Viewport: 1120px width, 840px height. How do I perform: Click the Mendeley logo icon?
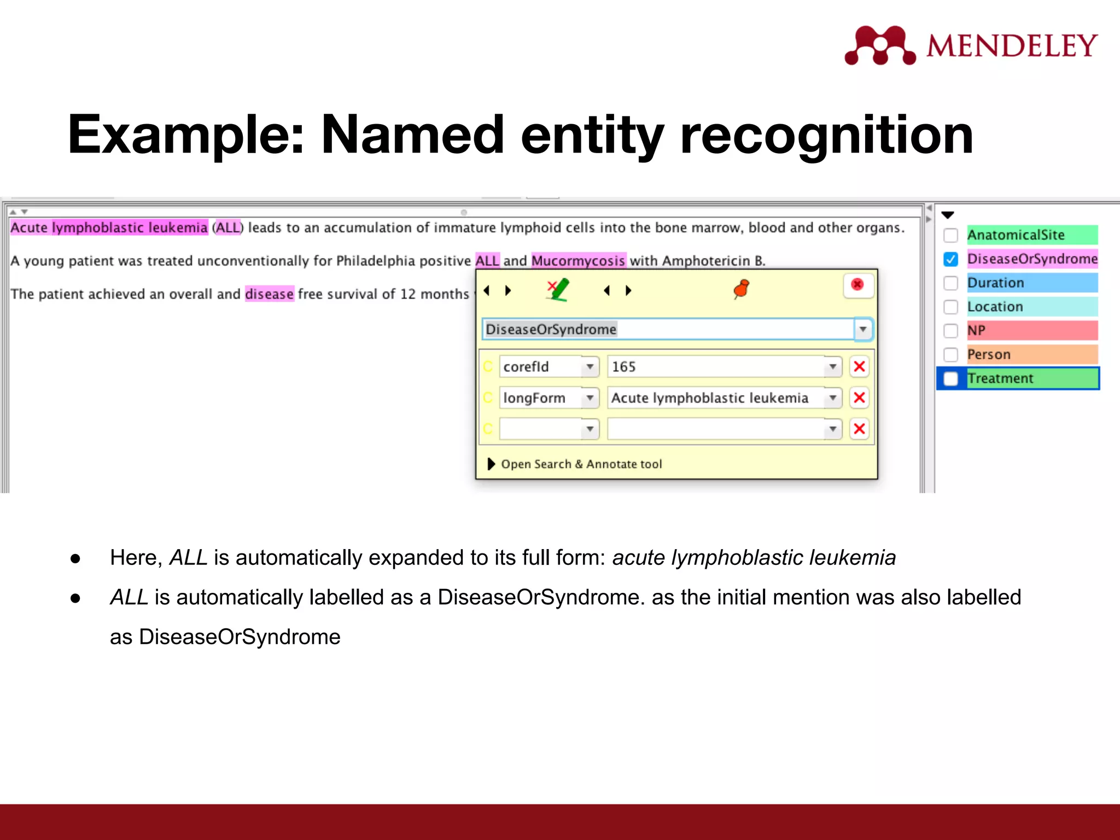point(879,45)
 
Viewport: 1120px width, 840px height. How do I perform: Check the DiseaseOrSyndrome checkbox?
point(951,259)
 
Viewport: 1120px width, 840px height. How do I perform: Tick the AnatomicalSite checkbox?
point(951,235)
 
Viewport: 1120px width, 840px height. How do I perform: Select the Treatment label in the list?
point(1000,378)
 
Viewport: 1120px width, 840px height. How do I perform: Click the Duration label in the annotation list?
point(995,283)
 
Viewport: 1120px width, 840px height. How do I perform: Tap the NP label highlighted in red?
point(977,330)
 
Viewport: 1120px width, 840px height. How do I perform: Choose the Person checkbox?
point(951,354)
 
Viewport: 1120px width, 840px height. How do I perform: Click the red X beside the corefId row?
point(859,366)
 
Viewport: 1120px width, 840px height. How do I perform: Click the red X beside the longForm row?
point(859,398)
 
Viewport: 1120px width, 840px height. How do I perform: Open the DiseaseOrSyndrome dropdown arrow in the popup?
point(862,329)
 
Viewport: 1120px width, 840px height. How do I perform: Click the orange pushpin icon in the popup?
point(742,289)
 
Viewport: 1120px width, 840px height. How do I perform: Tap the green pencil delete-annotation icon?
point(558,289)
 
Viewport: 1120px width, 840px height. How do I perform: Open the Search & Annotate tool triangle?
point(491,464)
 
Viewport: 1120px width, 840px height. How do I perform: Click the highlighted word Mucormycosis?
point(578,261)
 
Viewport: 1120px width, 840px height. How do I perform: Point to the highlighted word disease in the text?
point(269,294)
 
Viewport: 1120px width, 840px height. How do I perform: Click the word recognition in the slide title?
point(826,135)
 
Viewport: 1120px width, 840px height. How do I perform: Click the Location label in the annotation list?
point(995,307)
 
